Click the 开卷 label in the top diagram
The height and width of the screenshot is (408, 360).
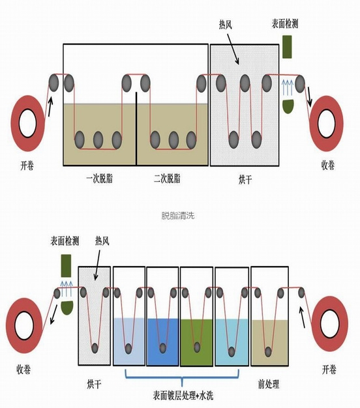(x=27, y=166)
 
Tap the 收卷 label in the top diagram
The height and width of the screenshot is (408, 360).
(x=328, y=165)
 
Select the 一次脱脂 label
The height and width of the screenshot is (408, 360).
(x=99, y=179)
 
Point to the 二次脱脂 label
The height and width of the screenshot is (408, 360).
(x=167, y=179)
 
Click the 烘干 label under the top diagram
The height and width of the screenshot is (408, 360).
(x=245, y=179)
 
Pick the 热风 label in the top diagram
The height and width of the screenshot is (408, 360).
(x=226, y=25)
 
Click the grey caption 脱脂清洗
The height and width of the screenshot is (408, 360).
(x=178, y=216)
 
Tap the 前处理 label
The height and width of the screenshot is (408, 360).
(x=269, y=384)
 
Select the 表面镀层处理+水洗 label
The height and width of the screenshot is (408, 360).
(x=183, y=396)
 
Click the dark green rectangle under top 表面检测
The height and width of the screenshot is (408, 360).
(x=287, y=47)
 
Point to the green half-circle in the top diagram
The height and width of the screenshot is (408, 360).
(x=288, y=106)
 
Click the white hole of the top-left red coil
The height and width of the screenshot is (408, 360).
(x=27, y=123)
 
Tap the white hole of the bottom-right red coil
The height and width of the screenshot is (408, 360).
(x=329, y=324)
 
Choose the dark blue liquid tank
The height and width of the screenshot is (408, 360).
(x=163, y=342)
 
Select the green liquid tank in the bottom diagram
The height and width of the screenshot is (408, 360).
(x=196, y=342)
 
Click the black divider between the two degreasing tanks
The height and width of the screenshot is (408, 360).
(x=136, y=128)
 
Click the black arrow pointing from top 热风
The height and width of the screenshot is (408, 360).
(x=233, y=49)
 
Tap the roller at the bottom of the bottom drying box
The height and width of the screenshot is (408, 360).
(x=95, y=348)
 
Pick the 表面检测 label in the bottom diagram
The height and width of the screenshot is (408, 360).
(x=65, y=241)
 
